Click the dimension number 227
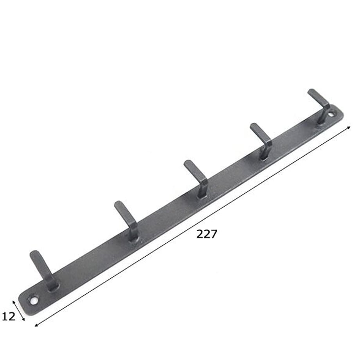[x=207, y=234]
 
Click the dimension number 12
[x=9, y=317]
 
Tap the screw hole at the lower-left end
[x=34, y=301]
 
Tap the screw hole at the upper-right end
[x=331, y=114]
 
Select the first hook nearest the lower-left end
[x=43, y=270]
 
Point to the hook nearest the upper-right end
[x=320, y=106]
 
